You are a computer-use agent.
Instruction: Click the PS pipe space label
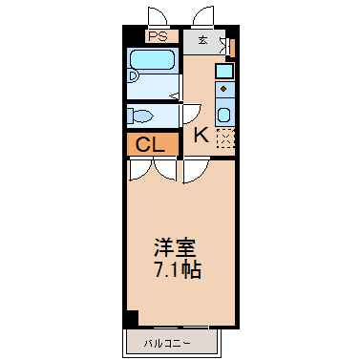coord(159,36)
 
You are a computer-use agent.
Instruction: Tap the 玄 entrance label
coord(203,40)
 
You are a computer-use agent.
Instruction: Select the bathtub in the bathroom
coord(152,59)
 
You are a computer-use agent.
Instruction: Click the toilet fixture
coord(140,116)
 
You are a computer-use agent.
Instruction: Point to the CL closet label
coord(150,145)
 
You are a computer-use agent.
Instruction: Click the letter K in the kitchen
coord(201,135)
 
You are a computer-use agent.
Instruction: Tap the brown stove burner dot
coord(223,89)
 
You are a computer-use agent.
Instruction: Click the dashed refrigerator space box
coord(225,138)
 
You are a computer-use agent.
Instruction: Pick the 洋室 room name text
coord(175,247)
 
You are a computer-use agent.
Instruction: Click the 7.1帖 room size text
coord(178,270)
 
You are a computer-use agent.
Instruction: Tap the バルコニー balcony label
coord(167,343)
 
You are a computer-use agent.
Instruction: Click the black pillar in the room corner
coord(133,318)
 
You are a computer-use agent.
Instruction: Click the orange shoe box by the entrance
coord(232,48)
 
